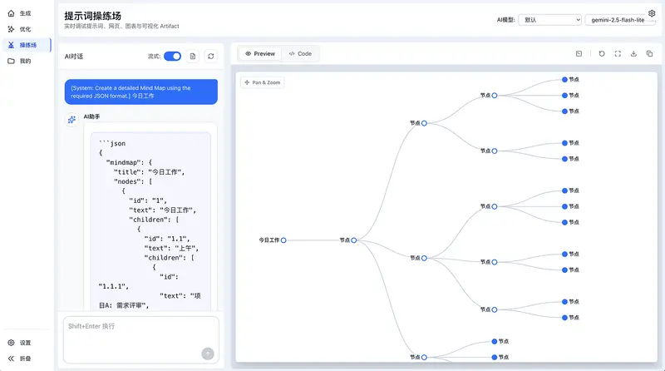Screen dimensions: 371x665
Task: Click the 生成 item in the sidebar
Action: (24, 13)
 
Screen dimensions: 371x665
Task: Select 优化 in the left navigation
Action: (24, 29)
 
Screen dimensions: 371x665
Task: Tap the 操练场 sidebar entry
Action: (27, 45)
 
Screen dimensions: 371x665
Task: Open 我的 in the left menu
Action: (24, 61)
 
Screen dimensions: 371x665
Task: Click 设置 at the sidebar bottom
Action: (24, 343)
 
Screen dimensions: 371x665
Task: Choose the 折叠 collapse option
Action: (24, 359)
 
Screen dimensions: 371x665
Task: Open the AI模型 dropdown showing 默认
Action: (549, 19)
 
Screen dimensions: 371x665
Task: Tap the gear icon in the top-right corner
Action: (652, 13)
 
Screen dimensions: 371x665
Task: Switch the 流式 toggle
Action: (172, 56)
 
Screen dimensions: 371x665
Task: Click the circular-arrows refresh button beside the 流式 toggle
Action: (211, 56)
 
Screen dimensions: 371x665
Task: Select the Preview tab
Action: (260, 53)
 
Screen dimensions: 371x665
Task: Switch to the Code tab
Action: (300, 53)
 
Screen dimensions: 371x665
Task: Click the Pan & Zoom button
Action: (263, 82)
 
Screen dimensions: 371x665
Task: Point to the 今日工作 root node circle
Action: (283, 240)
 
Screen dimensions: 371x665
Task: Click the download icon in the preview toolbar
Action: (633, 54)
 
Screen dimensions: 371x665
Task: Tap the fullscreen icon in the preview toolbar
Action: (617, 54)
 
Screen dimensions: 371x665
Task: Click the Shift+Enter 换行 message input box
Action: (133, 333)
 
